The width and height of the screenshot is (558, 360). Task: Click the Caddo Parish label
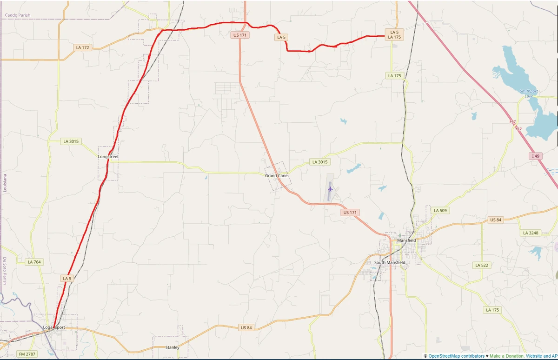18,15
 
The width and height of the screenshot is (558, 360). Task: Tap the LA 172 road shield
82,47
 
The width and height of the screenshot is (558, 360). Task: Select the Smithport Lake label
529,93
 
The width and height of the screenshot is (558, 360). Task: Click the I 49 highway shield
536,156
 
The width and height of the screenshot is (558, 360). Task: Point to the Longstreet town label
108,157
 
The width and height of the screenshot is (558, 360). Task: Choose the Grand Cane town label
276,176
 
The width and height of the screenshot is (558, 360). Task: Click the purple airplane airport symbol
330,189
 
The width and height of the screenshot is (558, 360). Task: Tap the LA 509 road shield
440,211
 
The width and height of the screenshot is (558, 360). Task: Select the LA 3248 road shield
531,233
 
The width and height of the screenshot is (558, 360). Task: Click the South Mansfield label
390,262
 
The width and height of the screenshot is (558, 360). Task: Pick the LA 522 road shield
481,265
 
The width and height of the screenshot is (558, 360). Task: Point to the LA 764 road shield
34,262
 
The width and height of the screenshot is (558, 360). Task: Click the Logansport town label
54,327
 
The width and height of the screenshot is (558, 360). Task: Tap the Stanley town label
172,347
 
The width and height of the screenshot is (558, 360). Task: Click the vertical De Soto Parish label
4,271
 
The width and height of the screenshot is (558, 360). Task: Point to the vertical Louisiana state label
4,184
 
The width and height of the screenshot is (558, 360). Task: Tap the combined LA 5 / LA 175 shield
394,34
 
